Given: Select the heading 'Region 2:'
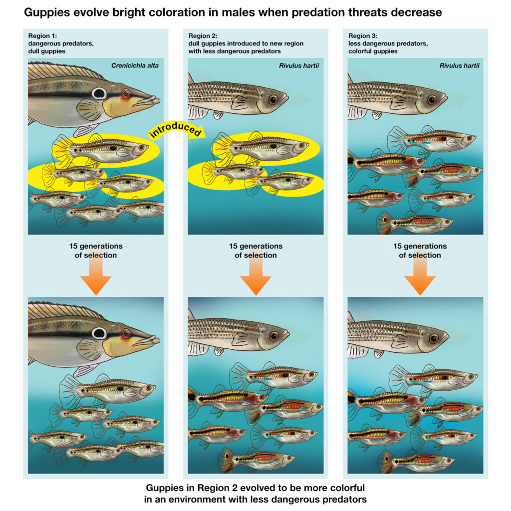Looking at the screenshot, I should (205, 35).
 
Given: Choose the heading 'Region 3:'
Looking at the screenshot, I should (364, 35).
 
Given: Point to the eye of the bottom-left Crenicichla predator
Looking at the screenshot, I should (99, 333).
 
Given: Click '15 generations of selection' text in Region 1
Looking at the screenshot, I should (95, 251).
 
